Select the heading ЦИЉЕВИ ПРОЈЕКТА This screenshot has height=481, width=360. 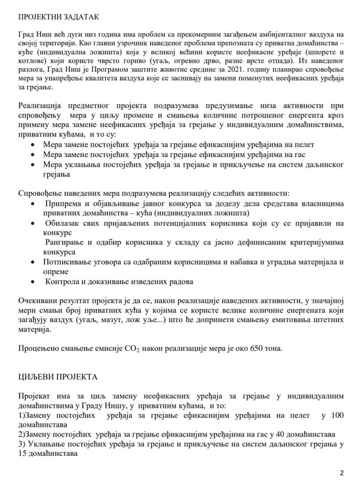click(x=58, y=376)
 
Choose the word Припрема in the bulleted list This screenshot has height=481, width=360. click(x=63, y=204)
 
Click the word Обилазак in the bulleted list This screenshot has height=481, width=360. click(x=63, y=223)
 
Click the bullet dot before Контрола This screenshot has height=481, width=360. click(x=35, y=282)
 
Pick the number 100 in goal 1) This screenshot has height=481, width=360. click(x=335, y=415)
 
